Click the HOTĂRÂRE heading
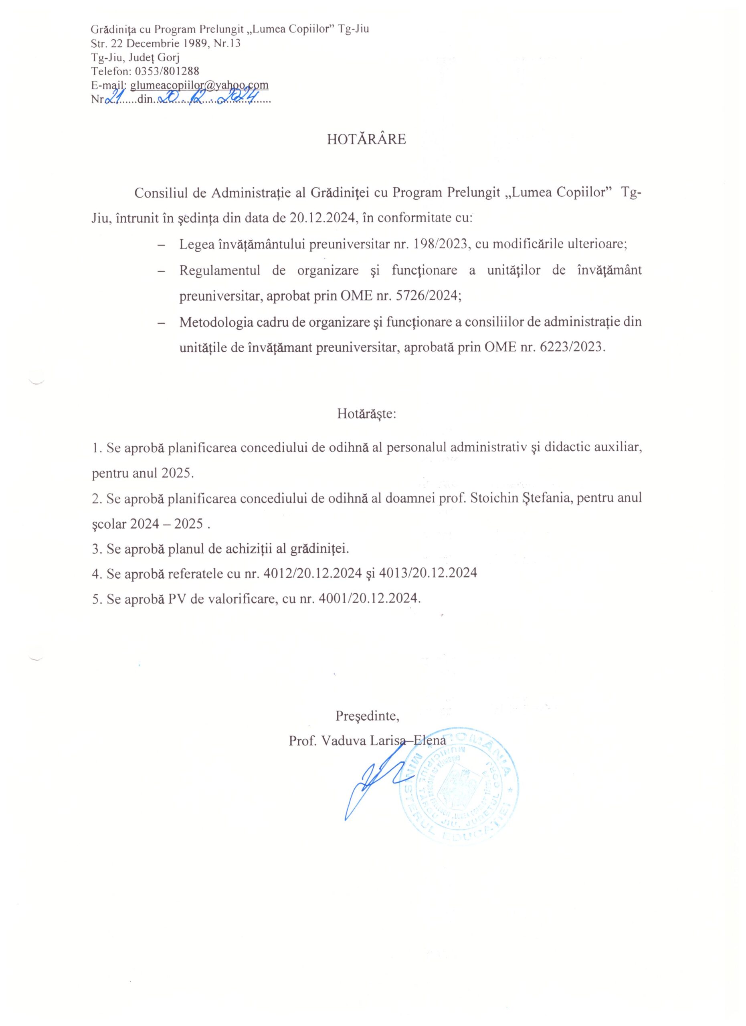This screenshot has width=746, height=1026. tap(366, 139)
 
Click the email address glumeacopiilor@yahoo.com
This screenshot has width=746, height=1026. tap(199, 85)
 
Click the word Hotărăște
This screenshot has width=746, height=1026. tap(366, 414)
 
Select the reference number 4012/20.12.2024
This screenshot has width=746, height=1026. tap(313, 573)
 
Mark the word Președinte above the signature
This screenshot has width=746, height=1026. tap(366, 716)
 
